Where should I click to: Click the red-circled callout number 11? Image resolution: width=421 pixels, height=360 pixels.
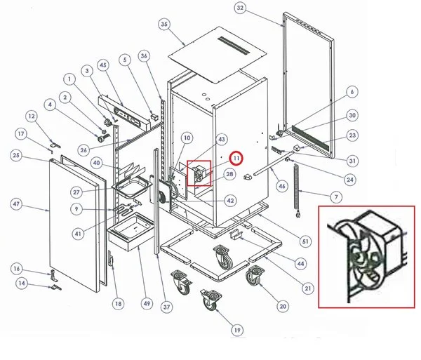pos(236,159)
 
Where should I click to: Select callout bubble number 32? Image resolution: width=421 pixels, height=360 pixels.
pos(240,8)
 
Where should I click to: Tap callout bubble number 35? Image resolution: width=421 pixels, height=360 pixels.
pos(165,25)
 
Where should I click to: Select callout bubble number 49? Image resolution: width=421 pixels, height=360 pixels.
pos(146,303)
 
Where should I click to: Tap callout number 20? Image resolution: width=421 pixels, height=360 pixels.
pos(283,306)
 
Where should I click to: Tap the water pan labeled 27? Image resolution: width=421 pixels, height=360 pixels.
pos(131,186)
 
